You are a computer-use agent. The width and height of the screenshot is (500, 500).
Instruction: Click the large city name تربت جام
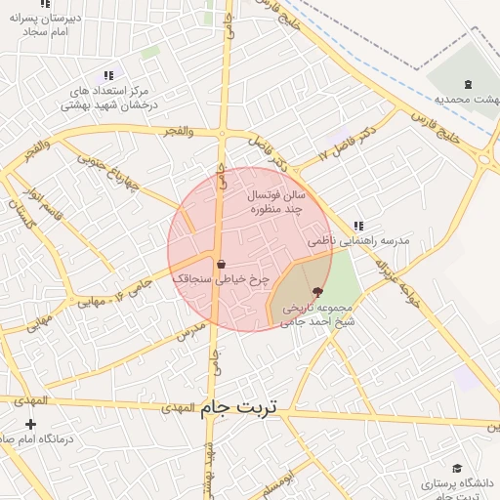(239, 409)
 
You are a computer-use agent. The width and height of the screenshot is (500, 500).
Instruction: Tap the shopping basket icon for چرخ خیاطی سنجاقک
(221, 264)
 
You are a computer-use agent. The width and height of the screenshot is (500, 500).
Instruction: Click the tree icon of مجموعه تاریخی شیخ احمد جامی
(316, 292)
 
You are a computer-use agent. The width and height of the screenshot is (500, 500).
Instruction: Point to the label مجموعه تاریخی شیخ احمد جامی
(318, 312)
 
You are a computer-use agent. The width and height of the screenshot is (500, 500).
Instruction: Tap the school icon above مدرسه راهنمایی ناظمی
(358, 226)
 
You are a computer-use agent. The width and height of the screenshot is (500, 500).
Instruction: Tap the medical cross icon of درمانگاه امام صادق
(31, 424)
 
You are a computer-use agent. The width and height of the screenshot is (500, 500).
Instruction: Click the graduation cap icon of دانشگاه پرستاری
(457, 469)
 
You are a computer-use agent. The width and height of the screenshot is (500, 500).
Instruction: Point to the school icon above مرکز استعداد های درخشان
(109, 74)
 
